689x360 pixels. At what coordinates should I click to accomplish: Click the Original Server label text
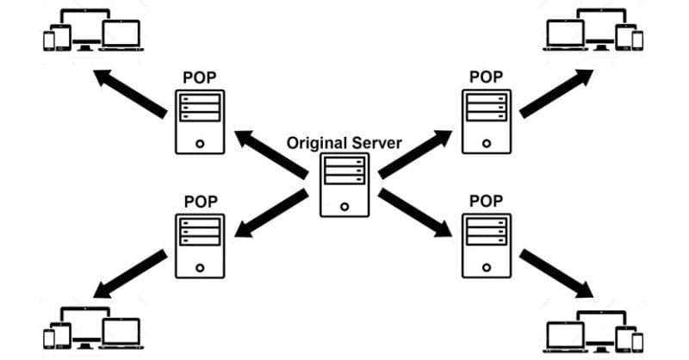point(344,143)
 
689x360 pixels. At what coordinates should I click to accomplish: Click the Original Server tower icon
point(344,185)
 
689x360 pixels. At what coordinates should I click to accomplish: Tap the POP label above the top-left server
point(200,78)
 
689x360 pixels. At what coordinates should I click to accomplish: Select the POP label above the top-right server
point(486,77)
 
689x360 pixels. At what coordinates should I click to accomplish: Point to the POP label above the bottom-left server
point(201,202)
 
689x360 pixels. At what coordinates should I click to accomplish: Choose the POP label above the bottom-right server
point(486,201)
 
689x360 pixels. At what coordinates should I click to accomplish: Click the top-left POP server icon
point(200,122)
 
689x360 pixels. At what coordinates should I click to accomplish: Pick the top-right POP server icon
point(487,121)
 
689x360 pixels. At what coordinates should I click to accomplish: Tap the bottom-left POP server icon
point(200,246)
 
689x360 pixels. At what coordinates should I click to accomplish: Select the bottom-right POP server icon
point(487,245)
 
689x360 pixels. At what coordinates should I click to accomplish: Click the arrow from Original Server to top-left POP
point(271,154)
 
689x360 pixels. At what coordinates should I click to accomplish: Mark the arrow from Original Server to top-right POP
point(415,154)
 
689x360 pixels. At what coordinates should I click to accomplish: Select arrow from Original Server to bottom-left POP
point(271,214)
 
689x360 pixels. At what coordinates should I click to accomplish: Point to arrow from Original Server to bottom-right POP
point(415,214)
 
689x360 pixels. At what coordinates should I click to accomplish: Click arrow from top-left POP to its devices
point(131,94)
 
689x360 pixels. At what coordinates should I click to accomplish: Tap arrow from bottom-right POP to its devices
point(556,273)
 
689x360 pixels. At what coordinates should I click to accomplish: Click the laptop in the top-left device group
point(121,35)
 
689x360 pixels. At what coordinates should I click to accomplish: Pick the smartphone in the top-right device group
point(637,40)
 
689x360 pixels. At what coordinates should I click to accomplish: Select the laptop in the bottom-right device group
point(566,337)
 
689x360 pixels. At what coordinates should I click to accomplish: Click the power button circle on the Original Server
point(344,206)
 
